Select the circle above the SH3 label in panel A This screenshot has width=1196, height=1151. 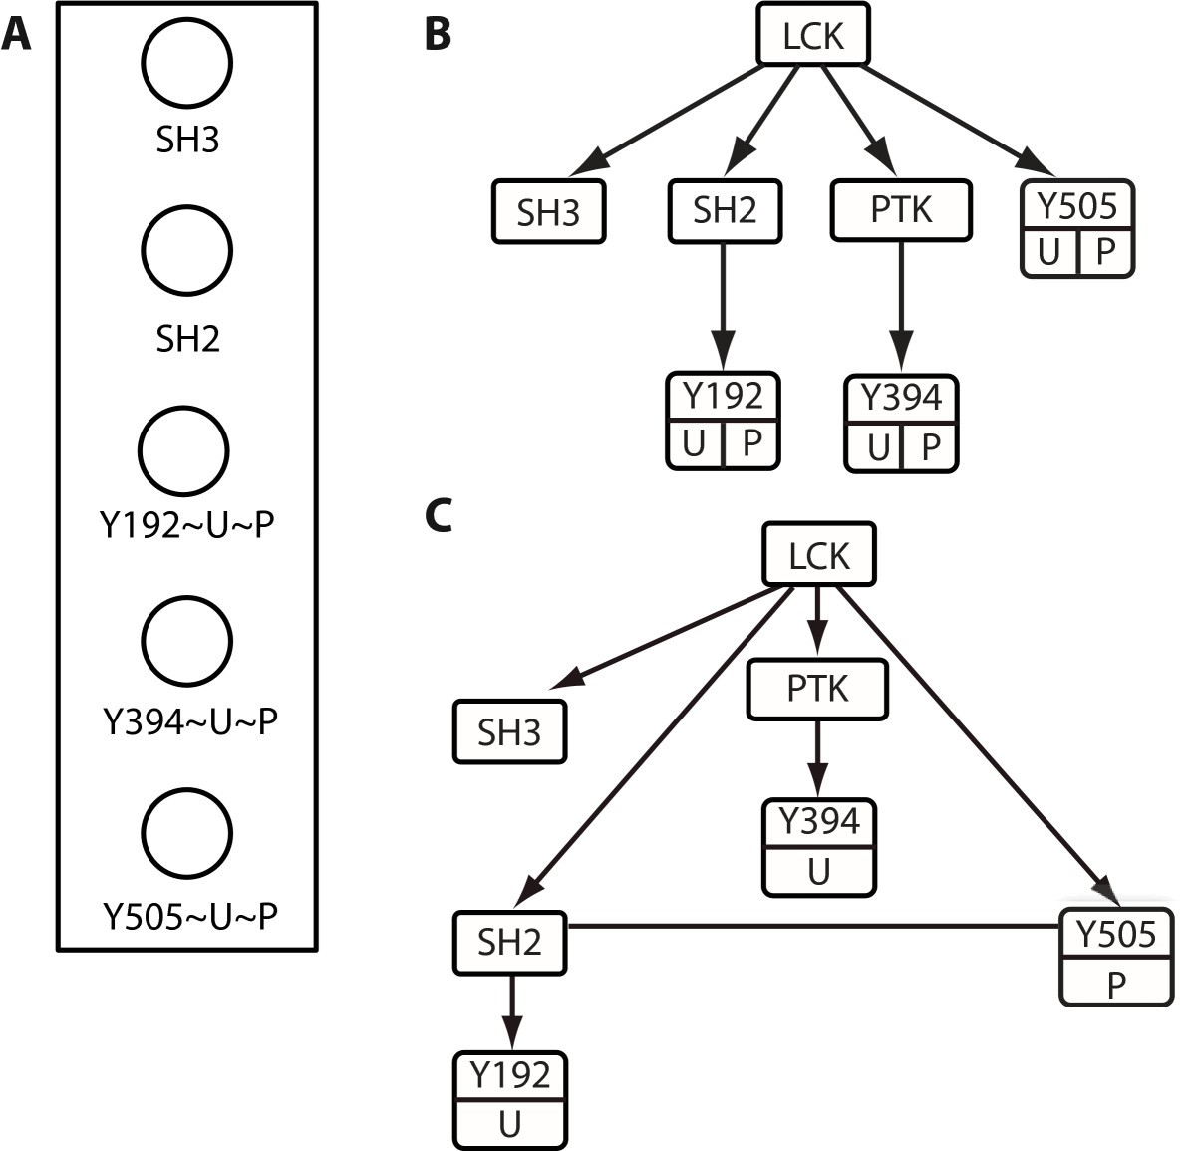tap(187, 62)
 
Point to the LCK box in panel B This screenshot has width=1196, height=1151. tap(813, 37)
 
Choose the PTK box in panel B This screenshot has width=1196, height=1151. tap(901, 210)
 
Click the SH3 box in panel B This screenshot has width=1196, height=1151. tap(548, 213)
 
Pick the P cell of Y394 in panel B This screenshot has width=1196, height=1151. tap(930, 447)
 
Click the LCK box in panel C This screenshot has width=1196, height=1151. tap(819, 555)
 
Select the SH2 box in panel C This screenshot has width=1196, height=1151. tap(509, 942)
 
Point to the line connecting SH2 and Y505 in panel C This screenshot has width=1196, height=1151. tap(812, 927)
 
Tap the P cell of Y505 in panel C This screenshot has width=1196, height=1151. tap(1115, 985)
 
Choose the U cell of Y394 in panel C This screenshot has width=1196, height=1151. tap(818, 872)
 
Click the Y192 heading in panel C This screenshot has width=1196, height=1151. tap(510, 1075)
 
